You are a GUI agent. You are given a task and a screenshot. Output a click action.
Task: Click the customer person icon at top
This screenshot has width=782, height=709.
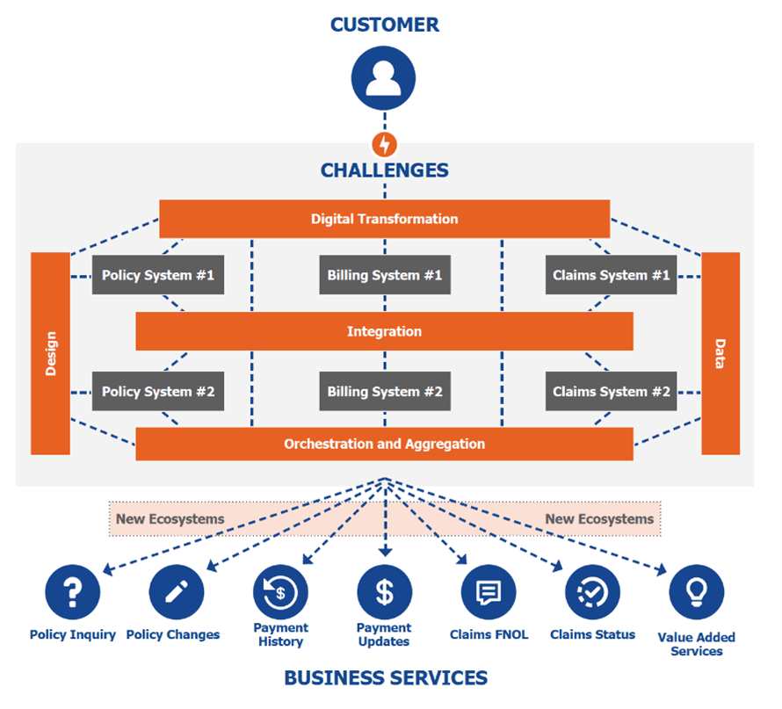tap(384, 77)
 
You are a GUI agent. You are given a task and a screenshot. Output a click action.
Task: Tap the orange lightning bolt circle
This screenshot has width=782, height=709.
tap(385, 143)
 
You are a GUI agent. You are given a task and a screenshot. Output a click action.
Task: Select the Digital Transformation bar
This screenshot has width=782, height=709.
tap(384, 219)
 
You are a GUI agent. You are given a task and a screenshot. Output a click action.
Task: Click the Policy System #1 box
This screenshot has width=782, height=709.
tap(158, 275)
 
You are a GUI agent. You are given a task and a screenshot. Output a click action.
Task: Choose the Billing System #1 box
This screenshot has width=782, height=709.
tap(384, 275)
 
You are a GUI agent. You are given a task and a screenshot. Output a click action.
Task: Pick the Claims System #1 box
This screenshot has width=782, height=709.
tap(611, 275)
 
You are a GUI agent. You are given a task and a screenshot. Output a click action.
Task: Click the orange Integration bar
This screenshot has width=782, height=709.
tap(384, 331)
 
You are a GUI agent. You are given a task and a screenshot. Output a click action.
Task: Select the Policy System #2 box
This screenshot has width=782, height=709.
tap(158, 391)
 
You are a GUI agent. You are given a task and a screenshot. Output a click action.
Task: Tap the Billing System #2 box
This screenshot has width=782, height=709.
tap(384, 391)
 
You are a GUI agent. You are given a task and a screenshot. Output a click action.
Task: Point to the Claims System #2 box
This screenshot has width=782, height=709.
tap(611, 391)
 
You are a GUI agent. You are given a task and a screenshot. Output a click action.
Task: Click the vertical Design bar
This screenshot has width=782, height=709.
tap(50, 353)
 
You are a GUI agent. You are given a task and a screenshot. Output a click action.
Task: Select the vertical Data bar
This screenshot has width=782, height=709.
tap(720, 353)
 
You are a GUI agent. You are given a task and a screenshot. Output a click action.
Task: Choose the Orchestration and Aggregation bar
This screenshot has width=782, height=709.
tap(384, 444)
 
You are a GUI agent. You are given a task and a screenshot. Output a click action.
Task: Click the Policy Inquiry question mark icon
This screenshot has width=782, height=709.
tap(73, 592)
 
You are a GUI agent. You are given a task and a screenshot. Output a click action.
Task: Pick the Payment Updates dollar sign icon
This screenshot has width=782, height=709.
tap(385, 592)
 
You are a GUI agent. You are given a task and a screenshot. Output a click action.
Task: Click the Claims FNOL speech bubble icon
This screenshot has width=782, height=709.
tap(489, 592)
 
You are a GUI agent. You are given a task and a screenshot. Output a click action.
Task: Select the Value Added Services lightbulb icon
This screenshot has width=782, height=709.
tap(697, 592)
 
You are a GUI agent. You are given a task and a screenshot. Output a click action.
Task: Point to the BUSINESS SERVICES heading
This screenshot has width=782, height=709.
tap(385, 677)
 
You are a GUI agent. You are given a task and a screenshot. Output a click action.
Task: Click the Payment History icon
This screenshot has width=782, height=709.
tap(280, 592)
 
